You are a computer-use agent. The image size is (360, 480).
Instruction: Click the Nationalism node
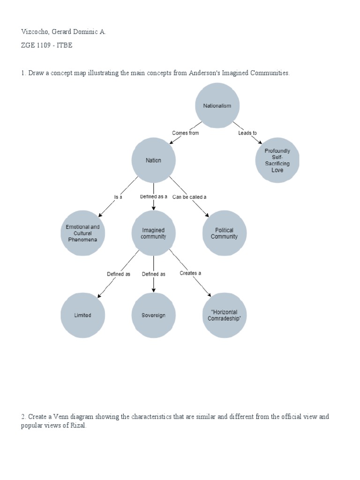[217, 105]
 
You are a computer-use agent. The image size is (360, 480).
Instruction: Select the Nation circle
[153, 160]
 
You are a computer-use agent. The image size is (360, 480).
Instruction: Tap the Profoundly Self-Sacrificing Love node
[277, 160]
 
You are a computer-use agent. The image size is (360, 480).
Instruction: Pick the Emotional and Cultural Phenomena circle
[82, 233]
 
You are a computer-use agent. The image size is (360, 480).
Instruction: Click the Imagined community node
[153, 233]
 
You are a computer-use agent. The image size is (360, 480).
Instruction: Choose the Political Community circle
[224, 233]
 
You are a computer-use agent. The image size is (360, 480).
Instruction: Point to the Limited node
[82, 315]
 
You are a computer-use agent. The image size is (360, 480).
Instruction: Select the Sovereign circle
[153, 315]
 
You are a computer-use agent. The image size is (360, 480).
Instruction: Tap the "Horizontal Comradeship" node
[224, 315]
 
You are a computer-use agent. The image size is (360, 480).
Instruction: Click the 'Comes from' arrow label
[185, 133]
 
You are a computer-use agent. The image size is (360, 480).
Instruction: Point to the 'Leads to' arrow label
[247, 133]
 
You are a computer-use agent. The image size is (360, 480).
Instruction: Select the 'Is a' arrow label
[118, 197]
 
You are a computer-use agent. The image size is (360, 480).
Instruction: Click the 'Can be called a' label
[189, 197]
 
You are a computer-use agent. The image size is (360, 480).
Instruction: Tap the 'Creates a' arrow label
[190, 273]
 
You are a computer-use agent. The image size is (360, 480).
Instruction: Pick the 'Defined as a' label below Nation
[153, 197]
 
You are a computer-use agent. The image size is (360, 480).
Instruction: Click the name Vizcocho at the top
[35, 32]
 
